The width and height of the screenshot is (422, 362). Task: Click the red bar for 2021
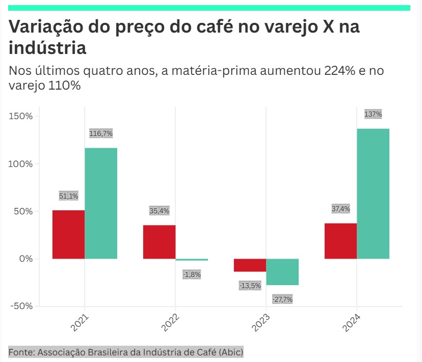[68, 234]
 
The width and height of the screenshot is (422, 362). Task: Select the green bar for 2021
[101, 203]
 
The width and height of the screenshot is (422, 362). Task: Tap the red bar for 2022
[159, 242]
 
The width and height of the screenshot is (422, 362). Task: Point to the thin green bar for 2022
[192, 260]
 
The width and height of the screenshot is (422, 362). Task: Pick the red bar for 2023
[250, 265]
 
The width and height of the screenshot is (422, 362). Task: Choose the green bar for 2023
[282, 272]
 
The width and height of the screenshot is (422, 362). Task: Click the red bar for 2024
[340, 241]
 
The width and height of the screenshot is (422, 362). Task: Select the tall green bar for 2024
[373, 193]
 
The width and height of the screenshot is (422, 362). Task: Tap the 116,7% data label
[101, 133]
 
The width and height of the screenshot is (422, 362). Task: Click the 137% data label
[373, 114]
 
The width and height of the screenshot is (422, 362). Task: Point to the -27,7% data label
[282, 299]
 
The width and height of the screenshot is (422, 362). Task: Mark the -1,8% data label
[192, 274]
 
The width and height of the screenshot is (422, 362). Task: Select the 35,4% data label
[159, 210]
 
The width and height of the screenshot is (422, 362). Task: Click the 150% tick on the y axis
[21, 116]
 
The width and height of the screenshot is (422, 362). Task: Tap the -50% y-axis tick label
[20, 306]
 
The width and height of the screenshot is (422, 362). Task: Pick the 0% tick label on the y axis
[25, 259]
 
